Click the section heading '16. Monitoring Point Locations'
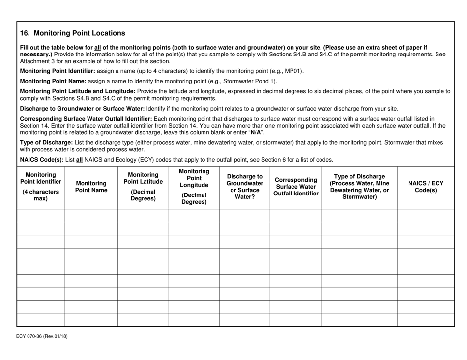(72, 34)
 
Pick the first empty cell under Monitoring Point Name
(91, 216)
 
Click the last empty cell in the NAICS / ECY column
(426, 320)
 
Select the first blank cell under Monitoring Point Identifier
(41, 216)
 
